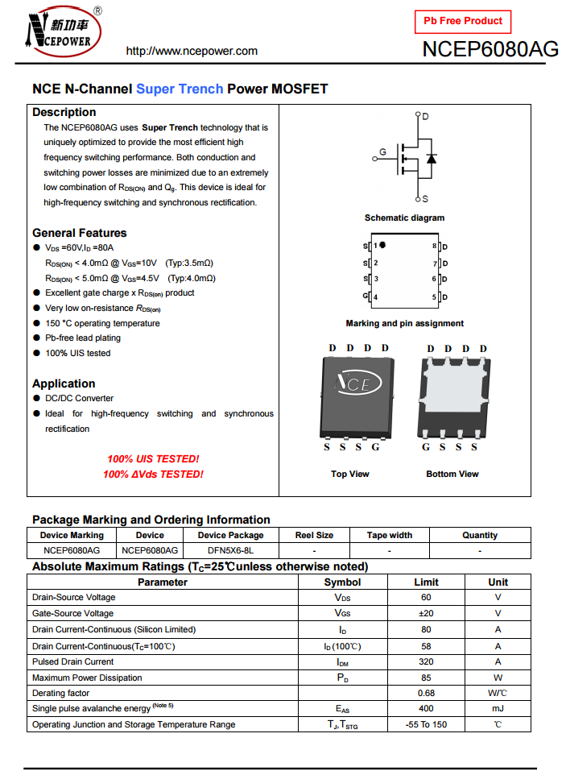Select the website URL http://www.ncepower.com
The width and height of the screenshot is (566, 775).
click(x=192, y=51)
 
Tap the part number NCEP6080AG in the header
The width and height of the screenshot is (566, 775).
click(x=490, y=49)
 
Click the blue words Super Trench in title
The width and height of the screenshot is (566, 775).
click(x=180, y=89)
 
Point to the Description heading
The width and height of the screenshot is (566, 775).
click(x=64, y=112)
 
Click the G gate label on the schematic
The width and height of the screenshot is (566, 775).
click(x=382, y=151)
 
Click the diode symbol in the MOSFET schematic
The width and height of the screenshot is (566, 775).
click(x=432, y=158)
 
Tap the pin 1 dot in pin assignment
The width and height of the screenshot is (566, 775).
click(x=383, y=245)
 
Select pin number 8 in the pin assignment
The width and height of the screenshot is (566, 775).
click(x=435, y=246)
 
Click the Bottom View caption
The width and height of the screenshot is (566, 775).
click(x=452, y=474)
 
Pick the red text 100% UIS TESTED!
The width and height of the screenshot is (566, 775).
click(x=153, y=459)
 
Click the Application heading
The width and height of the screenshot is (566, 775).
click(x=64, y=383)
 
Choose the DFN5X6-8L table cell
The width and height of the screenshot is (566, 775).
click(x=230, y=551)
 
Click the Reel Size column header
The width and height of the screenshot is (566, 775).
click(x=314, y=535)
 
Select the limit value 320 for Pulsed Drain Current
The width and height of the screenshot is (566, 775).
click(x=426, y=661)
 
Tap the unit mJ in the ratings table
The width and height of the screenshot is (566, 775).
click(x=498, y=708)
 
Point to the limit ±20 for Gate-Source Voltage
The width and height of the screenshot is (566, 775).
click(x=426, y=613)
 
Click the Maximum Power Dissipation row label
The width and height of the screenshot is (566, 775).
click(x=87, y=678)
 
